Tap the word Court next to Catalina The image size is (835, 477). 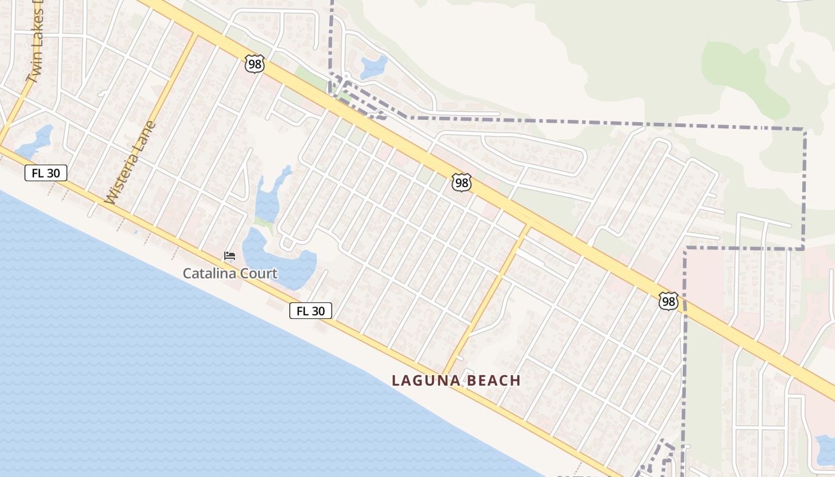[256, 274]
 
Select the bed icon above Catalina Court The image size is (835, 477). [230, 256]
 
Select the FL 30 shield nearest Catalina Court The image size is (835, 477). [310, 311]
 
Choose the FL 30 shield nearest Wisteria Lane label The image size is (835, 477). [46, 173]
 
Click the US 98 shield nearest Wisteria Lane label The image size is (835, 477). [255, 64]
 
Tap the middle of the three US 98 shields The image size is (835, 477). [461, 182]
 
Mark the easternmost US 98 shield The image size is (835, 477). [668, 301]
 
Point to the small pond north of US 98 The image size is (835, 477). [373, 66]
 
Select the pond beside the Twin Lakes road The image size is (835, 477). [36, 140]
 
